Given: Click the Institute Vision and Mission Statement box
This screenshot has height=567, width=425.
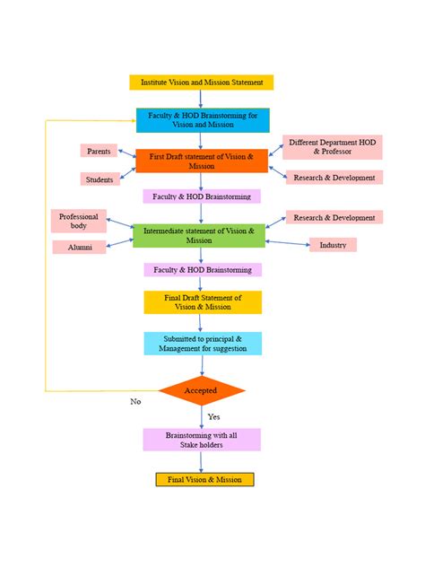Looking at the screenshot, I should pyautogui.click(x=202, y=83).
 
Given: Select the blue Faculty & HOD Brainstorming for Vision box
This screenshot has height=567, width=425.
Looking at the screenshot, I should pyautogui.click(x=202, y=119).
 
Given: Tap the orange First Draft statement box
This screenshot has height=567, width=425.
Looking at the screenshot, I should pyautogui.click(x=202, y=161).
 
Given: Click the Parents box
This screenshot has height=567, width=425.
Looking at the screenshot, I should pyautogui.click(x=99, y=152).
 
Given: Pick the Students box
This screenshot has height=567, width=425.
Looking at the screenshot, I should pyautogui.click(x=99, y=179).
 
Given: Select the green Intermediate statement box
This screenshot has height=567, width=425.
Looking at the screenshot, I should pyautogui.click(x=200, y=236).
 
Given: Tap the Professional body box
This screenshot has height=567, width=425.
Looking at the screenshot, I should pyautogui.click(x=79, y=222).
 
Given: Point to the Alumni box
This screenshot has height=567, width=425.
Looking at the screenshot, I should pyautogui.click(x=79, y=247).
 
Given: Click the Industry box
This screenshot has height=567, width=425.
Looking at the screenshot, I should pyautogui.click(x=333, y=245).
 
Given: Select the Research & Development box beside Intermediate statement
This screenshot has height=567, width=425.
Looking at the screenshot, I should pyautogui.click(x=334, y=217).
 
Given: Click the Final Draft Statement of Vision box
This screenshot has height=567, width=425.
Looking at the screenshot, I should pyautogui.click(x=202, y=302).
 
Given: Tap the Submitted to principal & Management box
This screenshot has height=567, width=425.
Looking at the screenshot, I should pyautogui.click(x=202, y=344).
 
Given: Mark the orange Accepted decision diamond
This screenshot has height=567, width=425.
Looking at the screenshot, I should pyautogui.click(x=201, y=391).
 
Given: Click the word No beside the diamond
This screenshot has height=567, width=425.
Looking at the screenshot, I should pyautogui.click(x=135, y=402).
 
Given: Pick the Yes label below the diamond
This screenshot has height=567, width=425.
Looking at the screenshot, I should pyautogui.click(x=214, y=417).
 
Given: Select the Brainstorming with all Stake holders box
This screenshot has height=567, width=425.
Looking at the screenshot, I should pyautogui.click(x=202, y=440).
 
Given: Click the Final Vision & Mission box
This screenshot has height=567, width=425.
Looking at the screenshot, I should pyautogui.click(x=204, y=480).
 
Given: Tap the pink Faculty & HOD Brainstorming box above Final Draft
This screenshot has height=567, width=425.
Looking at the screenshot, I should pyautogui.click(x=203, y=269).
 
